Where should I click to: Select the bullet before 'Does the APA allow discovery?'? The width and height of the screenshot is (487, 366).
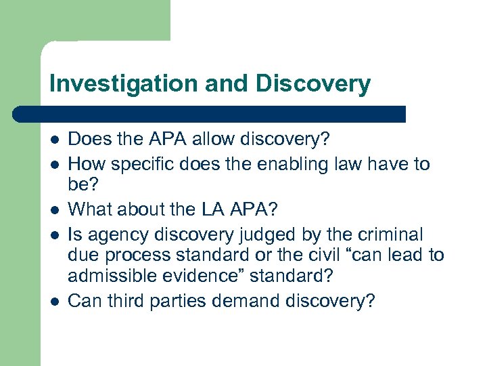[54, 140]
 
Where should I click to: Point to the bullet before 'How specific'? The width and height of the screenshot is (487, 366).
[54, 165]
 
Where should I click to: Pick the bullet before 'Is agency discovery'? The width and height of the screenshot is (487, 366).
[54, 235]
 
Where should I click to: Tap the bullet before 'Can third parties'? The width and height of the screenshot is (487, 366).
[54, 301]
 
